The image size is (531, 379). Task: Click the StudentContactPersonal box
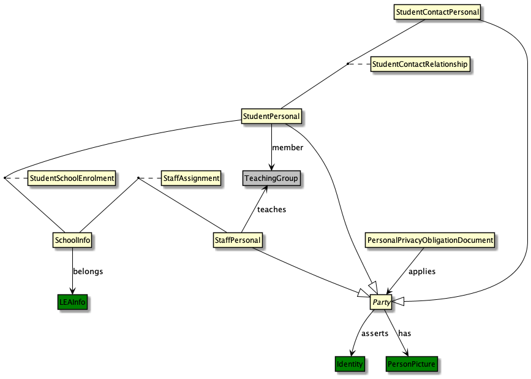437,12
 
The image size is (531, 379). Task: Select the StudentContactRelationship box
420,64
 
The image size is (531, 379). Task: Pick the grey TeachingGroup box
271,178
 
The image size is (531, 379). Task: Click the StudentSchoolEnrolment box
72,178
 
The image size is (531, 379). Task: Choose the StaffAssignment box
190,178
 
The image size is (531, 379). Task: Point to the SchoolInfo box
73,240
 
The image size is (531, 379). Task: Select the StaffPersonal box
238,240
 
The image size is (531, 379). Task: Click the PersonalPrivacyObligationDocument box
429,240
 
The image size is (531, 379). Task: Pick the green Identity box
350,364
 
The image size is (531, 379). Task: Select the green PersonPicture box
412,364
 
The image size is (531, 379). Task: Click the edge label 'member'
288,148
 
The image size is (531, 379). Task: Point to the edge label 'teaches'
271,210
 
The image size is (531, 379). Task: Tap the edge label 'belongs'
88,271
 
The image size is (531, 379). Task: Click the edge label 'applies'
421,271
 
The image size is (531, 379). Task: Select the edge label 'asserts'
375,334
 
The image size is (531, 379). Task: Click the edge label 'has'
405,334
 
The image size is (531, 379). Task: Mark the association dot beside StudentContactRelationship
347,64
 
